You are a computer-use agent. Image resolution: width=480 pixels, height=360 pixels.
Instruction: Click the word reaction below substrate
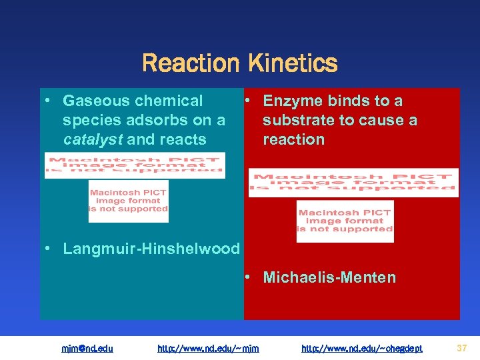pos(293,140)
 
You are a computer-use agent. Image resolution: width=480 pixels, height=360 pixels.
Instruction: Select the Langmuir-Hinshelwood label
pos(151,249)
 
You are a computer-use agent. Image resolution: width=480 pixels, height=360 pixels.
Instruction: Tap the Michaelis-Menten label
pos(329,277)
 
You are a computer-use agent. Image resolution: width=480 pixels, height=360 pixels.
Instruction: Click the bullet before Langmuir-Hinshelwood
pos(48,249)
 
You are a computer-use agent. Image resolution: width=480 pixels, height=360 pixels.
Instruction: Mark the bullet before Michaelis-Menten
pos(247,275)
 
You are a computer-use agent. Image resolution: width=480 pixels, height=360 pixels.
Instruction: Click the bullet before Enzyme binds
pos(247,100)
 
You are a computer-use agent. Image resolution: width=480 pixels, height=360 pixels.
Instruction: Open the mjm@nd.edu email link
pos(87,348)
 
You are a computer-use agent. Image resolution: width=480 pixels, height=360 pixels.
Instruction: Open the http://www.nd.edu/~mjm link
pos(208,348)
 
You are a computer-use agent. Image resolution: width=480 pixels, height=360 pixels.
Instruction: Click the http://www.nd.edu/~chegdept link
pos(361,348)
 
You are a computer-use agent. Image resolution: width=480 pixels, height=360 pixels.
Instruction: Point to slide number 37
pos(461,347)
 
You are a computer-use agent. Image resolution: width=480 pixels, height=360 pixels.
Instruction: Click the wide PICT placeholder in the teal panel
pos(135,165)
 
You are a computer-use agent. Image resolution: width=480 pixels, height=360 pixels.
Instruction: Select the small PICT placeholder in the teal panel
pos(128,201)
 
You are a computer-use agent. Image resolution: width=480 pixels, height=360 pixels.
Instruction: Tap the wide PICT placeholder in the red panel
pos(353,182)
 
